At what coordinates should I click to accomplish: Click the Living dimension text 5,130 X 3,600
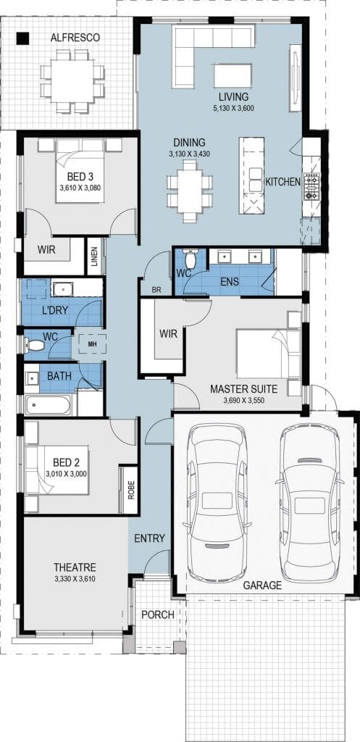(x=234, y=109)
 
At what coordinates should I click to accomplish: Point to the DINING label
(x=189, y=142)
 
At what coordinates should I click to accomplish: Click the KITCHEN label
(x=282, y=181)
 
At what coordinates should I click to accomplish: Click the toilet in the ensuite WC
(x=191, y=259)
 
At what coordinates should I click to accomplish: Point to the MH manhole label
(x=92, y=343)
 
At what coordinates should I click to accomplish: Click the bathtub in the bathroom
(x=48, y=404)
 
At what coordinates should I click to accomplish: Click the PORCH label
(x=158, y=614)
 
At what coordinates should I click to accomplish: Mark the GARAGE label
(x=262, y=585)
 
